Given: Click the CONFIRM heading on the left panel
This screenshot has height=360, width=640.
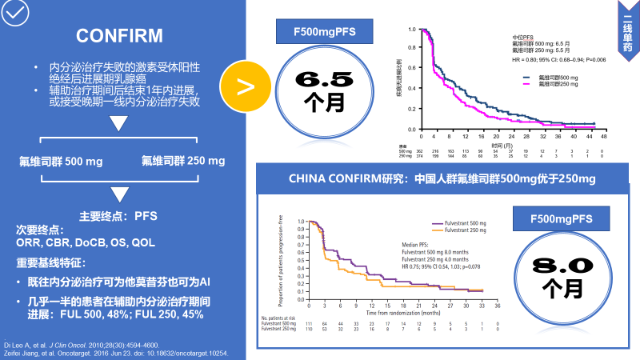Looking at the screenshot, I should (x=119, y=35).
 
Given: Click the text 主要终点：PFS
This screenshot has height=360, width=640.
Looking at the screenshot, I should (x=120, y=216).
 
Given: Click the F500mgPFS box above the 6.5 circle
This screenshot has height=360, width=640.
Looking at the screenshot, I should (x=324, y=33).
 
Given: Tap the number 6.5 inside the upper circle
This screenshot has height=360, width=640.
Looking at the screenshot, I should (x=323, y=79).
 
